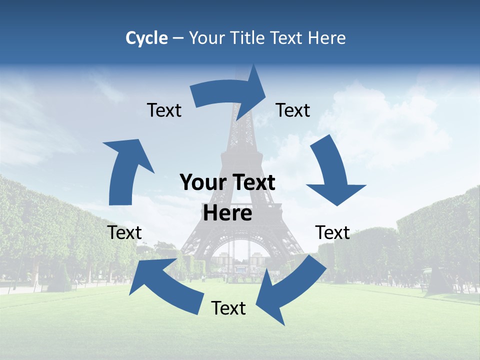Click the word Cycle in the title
click(146, 38)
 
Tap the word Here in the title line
click(327, 38)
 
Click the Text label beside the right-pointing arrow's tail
click(164, 110)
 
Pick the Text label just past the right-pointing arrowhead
click(293, 110)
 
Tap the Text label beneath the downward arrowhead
click(332, 232)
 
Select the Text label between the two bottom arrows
click(228, 308)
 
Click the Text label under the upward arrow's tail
click(124, 232)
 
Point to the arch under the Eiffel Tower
click(242, 250)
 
